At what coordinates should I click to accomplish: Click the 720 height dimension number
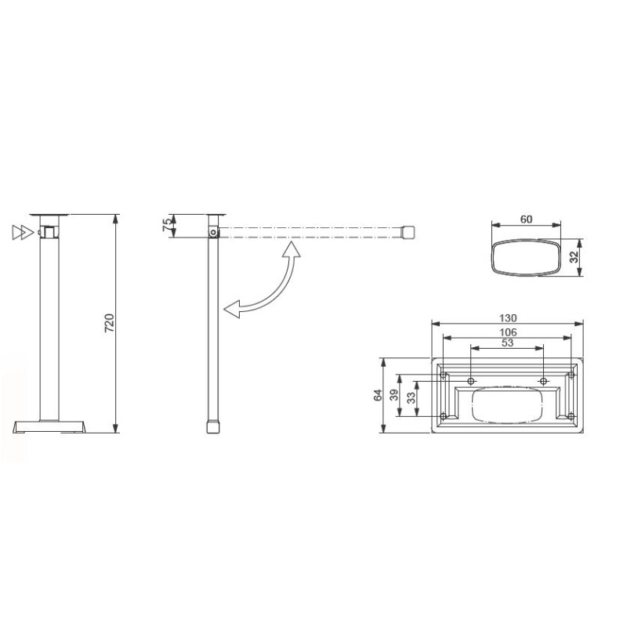pyautogui.click(x=110, y=323)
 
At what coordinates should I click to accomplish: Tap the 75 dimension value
pyautogui.click(x=166, y=226)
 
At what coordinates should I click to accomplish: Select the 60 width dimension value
pyautogui.click(x=526, y=219)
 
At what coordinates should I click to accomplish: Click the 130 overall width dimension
pyautogui.click(x=508, y=318)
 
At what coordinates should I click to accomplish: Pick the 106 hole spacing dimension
pyautogui.click(x=508, y=332)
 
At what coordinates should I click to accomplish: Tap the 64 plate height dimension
pyautogui.click(x=376, y=395)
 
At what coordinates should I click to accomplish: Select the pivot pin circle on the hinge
pyautogui.click(x=213, y=232)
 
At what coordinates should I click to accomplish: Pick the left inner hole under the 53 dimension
pyautogui.click(x=471, y=381)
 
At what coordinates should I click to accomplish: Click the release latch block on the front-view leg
pyautogui.click(x=49, y=232)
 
